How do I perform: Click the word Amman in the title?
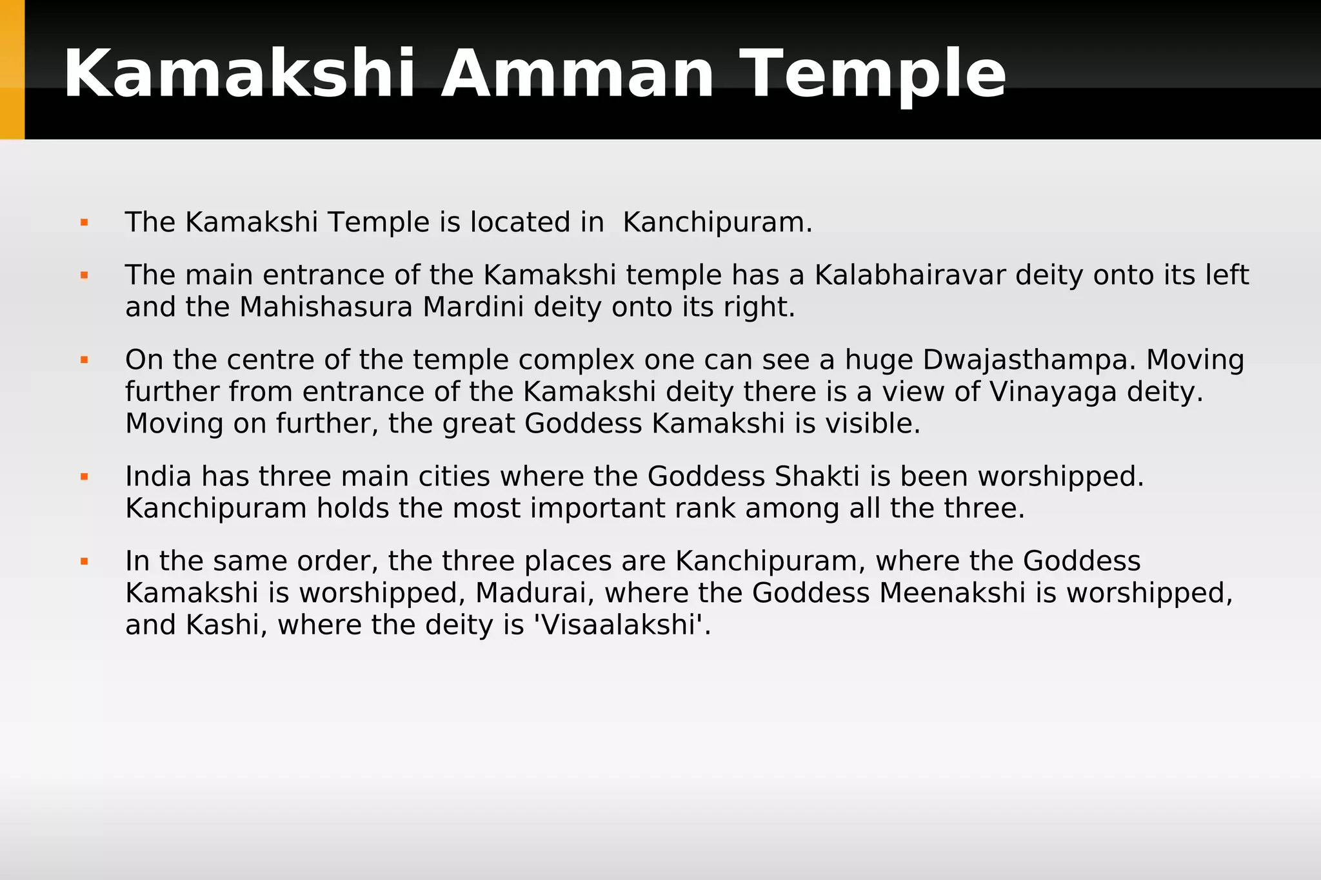pos(577,74)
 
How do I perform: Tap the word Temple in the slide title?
pos(872,74)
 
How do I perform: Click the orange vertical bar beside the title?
pos(12,70)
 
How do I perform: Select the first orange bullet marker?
pos(84,223)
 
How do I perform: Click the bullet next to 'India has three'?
pos(84,477)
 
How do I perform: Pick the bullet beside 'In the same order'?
pos(84,562)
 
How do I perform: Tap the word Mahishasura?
pos(326,308)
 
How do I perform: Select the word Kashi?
pos(222,625)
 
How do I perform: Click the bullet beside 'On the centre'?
pos(84,360)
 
